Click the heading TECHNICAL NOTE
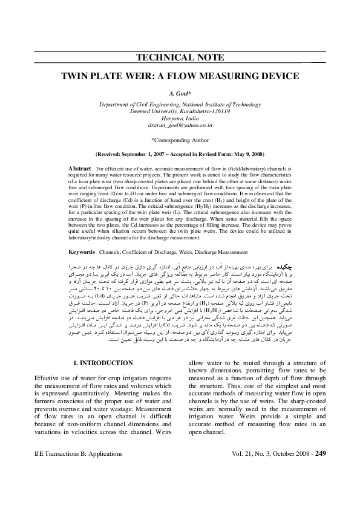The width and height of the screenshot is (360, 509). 180,59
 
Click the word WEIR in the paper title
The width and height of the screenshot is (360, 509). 159,77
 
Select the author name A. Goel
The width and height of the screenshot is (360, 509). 180,95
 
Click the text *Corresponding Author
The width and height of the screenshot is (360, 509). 180,140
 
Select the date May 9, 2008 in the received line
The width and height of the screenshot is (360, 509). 247,154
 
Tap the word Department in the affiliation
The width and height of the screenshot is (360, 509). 116,104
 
